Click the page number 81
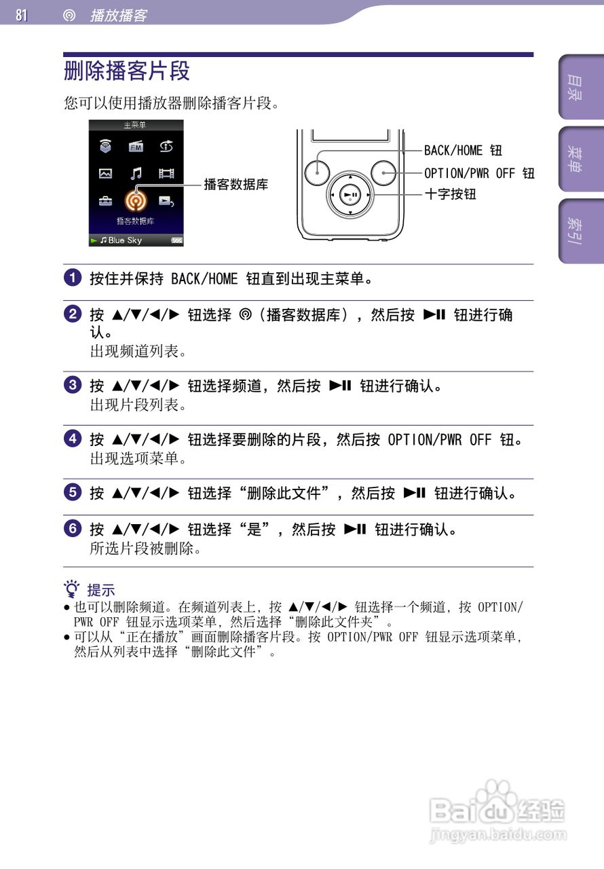pos(22,15)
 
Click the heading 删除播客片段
pos(127,71)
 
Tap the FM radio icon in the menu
pos(136,146)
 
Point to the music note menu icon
pos(136,173)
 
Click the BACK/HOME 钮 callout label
pos(463,150)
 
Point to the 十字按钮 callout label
pos(450,194)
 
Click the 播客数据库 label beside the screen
pos(236,184)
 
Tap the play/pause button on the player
pos(350,195)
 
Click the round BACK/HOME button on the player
pos(317,172)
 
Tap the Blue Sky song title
pos(125,240)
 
